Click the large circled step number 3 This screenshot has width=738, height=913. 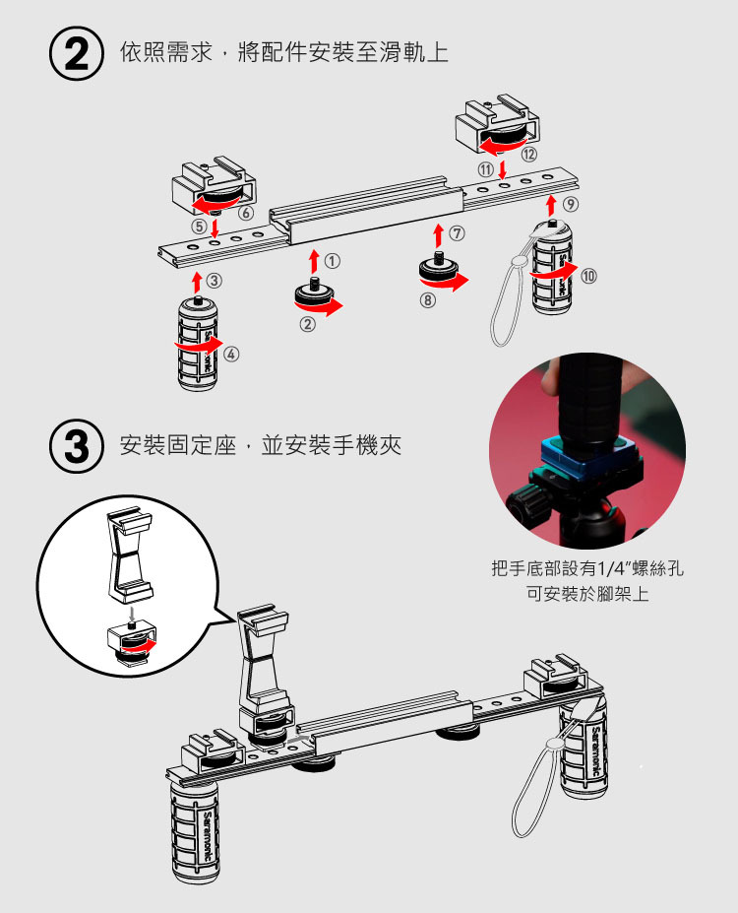pyautogui.click(x=76, y=447)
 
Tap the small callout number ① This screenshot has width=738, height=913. pyautogui.click(x=333, y=262)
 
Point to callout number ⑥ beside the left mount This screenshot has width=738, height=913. pyautogui.click(x=245, y=212)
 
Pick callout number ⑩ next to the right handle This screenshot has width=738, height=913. pyautogui.click(x=588, y=275)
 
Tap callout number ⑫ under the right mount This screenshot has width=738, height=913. pyautogui.click(x=529, y=154)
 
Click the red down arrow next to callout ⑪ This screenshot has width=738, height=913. pyautogui.click(x=503, y=169)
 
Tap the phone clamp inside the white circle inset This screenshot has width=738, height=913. pyautogui.click(x=129, y=556)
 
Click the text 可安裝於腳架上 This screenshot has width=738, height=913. pyautogui.click(x=587, y=595)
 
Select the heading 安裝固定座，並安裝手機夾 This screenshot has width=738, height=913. pyautogui.click(x=260, y=446)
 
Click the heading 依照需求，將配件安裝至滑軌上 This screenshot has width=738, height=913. pyautogui.click(x=283, y=52)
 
